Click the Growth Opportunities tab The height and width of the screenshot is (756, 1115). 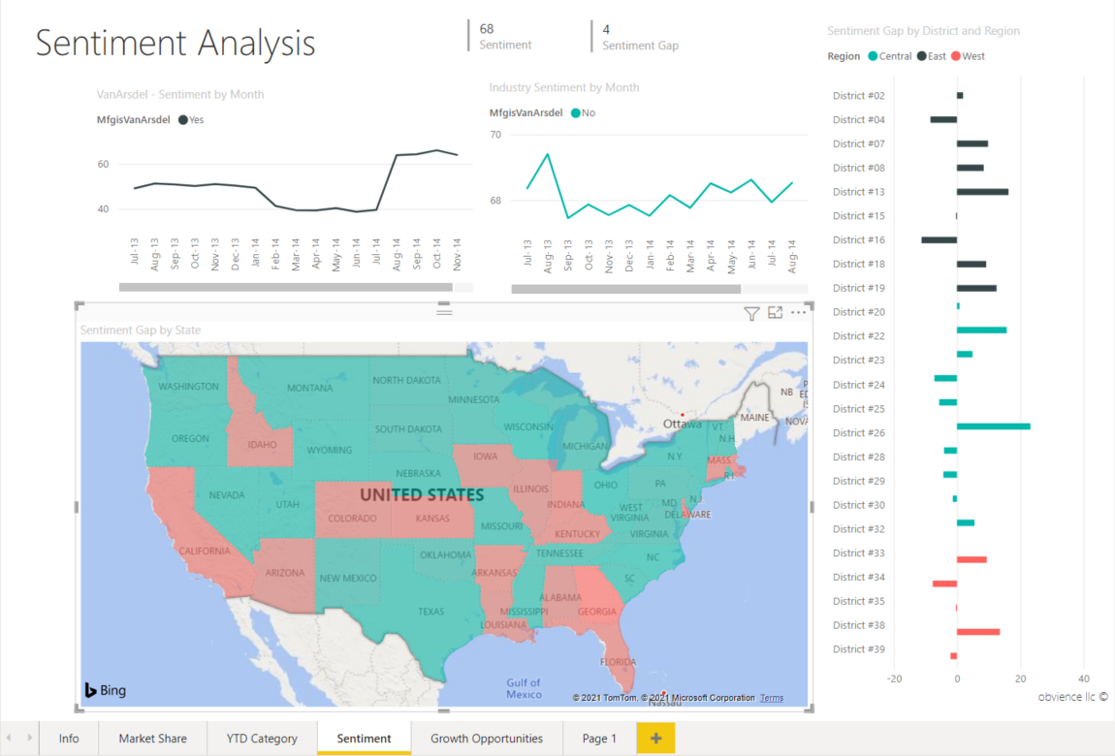coord(487,739)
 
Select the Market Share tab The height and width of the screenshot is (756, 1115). coord(152,739)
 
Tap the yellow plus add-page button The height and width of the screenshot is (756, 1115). coord(655,739)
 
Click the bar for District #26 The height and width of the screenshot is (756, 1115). coord(993,426)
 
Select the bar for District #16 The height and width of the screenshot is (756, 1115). coord(939,239)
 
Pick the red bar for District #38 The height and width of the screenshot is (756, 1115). coord(977,632)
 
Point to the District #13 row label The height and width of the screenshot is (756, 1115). coord(858,192)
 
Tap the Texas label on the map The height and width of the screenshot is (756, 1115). coord(430,612)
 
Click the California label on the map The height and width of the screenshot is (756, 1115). coord(205,551)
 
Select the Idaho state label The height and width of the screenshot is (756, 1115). coord(262,445)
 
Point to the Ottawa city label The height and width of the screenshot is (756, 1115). coord(683,425)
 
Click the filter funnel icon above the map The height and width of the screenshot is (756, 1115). coord(751,313)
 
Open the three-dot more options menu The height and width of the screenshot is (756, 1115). coord(798,313)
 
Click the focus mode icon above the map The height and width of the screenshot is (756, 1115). coord(775,313)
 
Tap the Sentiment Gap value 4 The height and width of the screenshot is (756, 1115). coord(606,29)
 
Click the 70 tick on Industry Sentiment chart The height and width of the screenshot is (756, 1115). coord(494,135)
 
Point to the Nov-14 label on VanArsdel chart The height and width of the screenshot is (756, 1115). coord(456,253)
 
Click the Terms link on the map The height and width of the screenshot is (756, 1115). coord(771,698)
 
